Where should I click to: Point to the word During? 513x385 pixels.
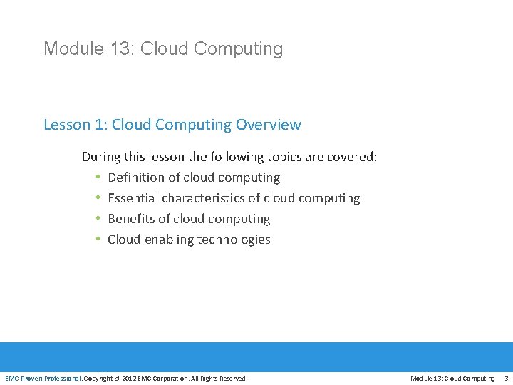(x=102, y=157)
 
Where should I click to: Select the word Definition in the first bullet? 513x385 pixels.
(x=136, y=178)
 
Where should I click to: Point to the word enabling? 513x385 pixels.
(x=169, y=240)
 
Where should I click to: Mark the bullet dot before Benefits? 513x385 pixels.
(x=97, y=219)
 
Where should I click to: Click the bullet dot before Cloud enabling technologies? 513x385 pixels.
(x=97, y=240)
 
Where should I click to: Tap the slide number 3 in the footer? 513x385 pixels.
(x=506, y=378)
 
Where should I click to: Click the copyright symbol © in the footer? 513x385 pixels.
(x=118, y=378)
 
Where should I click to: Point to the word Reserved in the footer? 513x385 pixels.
(x=232, y=378)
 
